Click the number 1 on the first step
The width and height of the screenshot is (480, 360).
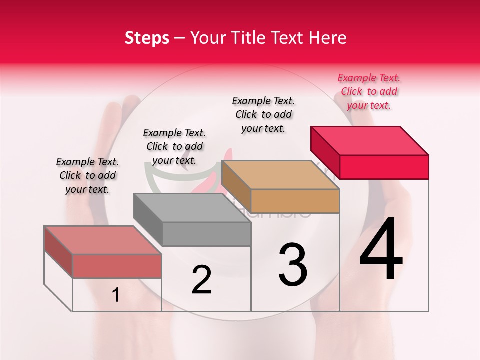116,295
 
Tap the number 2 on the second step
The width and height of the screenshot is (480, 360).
201,280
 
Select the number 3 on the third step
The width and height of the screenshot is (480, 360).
293,265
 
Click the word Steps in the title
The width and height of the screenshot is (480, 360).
147,38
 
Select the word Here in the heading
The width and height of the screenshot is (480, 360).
328,38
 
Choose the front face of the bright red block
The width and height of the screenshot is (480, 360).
384,167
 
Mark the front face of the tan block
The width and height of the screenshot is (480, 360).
295,201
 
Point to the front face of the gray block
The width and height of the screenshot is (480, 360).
206,234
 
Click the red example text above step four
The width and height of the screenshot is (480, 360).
369,91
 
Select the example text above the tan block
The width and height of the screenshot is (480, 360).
263,114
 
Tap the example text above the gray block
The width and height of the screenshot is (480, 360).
174,146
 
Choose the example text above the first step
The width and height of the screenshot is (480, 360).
87,175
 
